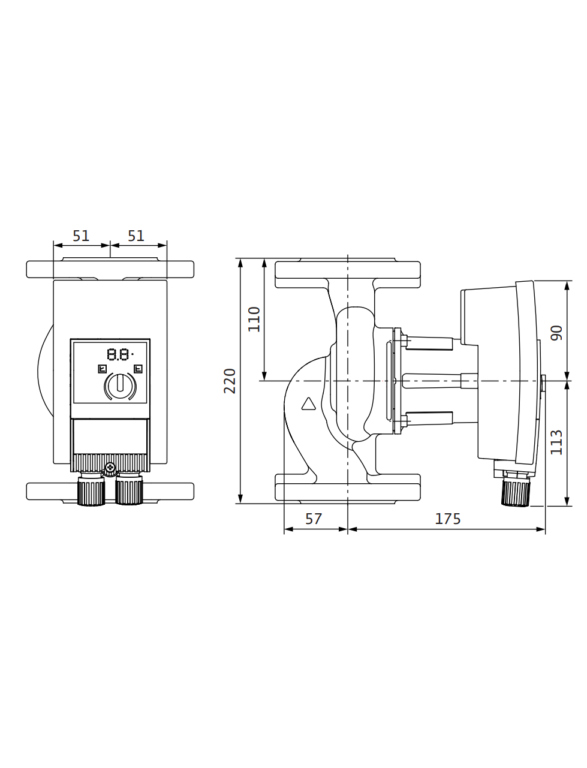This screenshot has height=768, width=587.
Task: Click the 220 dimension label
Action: click(230, 381)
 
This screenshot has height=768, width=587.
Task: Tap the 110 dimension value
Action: click(254, 319)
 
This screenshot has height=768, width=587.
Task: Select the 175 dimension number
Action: click(448, 519)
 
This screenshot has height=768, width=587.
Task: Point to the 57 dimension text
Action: click(313, 519)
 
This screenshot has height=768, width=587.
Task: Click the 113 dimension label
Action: click(556, 442)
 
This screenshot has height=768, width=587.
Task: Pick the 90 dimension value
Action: click(556, 333)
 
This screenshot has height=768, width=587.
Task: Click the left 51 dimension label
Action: click(81, 236)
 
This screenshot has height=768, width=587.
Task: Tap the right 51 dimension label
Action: click(136, 236)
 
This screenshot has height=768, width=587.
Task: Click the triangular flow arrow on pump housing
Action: click(308, 403)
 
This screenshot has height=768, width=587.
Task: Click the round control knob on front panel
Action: click(120, 385)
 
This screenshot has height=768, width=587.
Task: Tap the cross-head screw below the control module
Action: click(110, 466)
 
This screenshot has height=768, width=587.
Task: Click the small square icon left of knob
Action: click(102, 369)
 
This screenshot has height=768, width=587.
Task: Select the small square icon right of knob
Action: click(138, 369)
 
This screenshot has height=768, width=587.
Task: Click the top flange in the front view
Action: click(110, 269)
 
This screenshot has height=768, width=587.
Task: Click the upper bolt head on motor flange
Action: click(404, 341)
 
